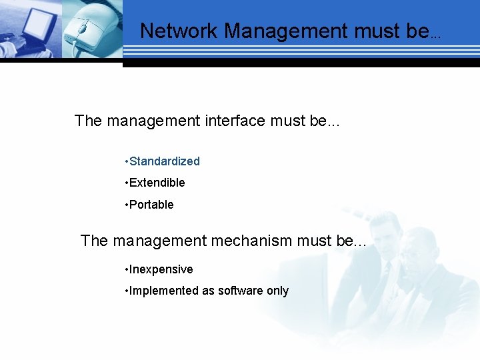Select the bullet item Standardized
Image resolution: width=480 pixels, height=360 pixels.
coord(164,161)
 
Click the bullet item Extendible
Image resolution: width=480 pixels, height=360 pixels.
coord(157,183)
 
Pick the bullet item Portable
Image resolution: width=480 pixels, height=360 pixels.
coord(151,205)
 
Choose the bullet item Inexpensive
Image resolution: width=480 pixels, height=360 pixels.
coord(161,269)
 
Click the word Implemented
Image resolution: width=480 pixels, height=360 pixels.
coord(163,291)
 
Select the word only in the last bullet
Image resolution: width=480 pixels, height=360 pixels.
coord(277,291)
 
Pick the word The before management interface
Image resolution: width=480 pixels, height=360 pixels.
coord(88,121)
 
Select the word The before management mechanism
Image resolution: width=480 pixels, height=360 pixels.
coord(94,241)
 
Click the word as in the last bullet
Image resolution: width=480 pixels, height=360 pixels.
coord(208,291)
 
